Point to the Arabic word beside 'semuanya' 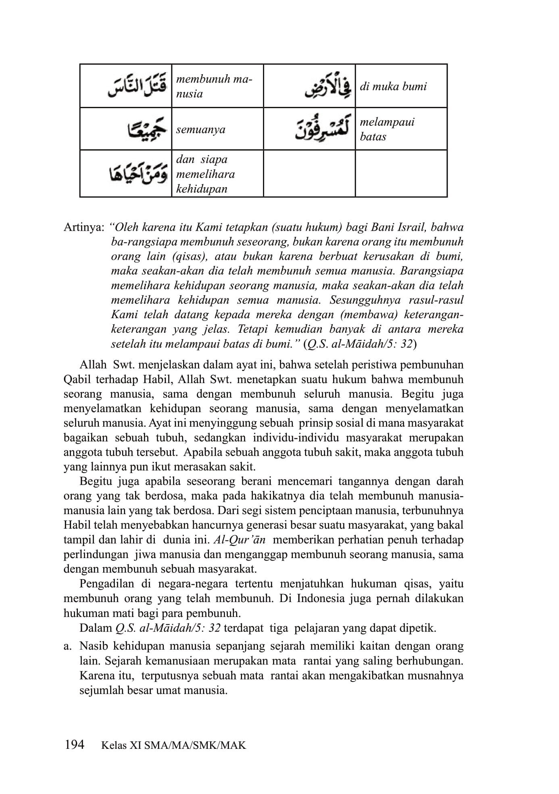pyautogui.click(x=147, y=129)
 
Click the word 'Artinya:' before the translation pyautogui.click(x=84, y=227)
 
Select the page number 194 pyautogui.click(x=74, y=744)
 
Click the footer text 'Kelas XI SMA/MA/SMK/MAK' pyautogui.click(x=173, y=745)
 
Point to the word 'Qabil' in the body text pyautogui.click(x=77, y=380)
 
